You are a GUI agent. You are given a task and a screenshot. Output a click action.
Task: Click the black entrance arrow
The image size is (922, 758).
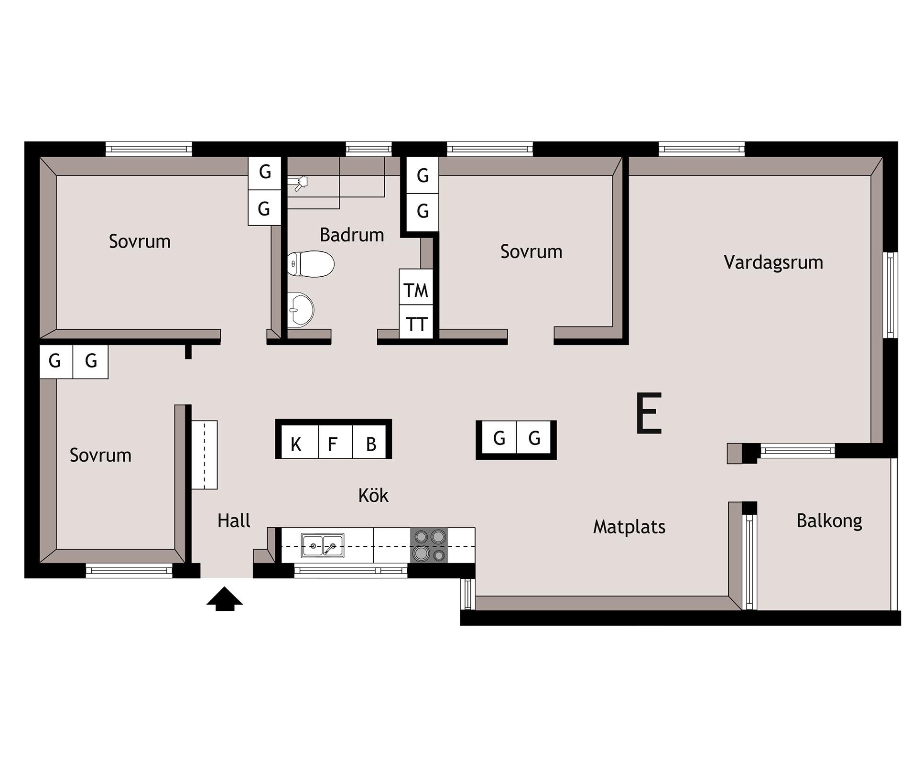225,599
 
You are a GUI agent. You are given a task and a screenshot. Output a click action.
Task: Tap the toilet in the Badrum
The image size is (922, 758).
311,263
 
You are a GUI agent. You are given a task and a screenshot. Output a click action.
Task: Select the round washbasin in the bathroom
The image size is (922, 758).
301,310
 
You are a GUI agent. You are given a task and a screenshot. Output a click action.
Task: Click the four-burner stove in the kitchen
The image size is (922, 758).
429,545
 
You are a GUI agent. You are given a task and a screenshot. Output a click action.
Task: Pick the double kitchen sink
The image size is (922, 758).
322,546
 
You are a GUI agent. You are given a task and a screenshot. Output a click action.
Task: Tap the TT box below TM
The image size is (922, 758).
416,323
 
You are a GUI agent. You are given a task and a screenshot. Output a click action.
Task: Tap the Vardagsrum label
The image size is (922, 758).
773,262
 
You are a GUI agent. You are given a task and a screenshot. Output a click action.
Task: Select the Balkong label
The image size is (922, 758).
829,521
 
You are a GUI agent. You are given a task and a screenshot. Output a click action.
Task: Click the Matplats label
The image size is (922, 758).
629,527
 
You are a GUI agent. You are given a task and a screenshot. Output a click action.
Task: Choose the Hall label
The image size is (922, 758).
234,520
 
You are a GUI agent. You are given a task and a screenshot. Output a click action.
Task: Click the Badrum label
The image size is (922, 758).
352,235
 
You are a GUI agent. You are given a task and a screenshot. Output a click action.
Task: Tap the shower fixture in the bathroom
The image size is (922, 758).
299,183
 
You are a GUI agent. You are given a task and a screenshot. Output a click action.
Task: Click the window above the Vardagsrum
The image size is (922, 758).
701,149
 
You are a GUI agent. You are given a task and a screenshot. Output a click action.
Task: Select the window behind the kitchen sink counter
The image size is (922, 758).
351,571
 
